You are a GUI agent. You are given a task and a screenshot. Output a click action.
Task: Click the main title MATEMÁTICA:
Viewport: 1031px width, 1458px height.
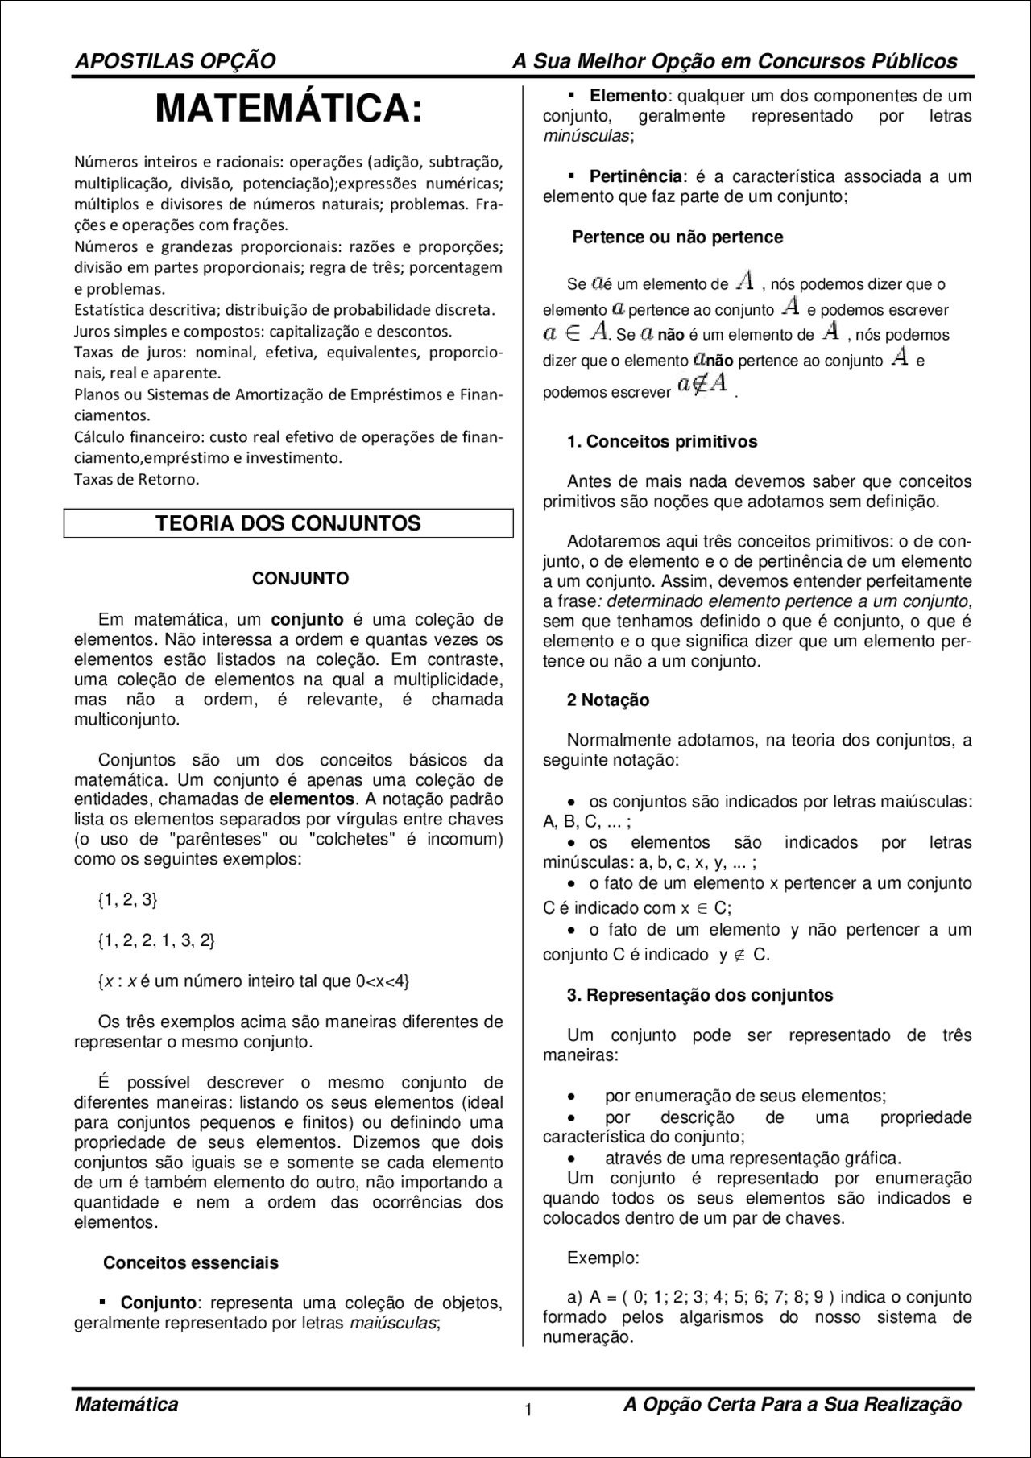(x=288, y=109)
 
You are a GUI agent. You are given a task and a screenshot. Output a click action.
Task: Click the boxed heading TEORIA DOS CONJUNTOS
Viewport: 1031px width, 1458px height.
(x=288, y=523)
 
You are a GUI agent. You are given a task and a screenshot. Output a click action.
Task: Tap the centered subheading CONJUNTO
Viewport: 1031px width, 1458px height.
(x=300, y=578)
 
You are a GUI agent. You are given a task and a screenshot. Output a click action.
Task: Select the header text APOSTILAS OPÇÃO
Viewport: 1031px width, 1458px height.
(x=175, y=61)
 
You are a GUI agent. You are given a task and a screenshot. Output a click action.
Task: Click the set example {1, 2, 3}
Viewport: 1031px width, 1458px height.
(x=127, y=900)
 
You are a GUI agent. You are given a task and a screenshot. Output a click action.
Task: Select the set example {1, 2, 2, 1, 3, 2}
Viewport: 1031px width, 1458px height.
(x=156, y=940)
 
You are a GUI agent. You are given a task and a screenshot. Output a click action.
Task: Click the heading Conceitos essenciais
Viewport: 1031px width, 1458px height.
(x=191, y=1262)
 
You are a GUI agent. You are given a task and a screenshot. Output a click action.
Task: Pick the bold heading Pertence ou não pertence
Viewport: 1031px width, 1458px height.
(x=677, y=237)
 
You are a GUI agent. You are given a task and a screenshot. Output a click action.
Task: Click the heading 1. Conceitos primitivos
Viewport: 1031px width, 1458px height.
(x=662, y=441)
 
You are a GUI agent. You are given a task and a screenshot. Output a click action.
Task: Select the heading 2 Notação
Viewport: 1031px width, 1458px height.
(x=608, y=700)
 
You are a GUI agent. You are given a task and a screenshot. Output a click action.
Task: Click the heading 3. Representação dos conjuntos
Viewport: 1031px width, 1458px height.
(x=700, y=994)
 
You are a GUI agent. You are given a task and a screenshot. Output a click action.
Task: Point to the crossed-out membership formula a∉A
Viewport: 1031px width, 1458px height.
(x=703, y=385)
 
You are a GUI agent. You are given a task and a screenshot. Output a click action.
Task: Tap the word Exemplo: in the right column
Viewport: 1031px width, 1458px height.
(x=603, y=1257)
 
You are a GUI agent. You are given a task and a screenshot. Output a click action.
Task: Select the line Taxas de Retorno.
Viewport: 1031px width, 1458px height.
(x=136, y=480)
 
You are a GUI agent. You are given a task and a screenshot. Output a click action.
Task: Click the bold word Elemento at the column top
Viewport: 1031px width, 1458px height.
(x=628, y=96)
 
